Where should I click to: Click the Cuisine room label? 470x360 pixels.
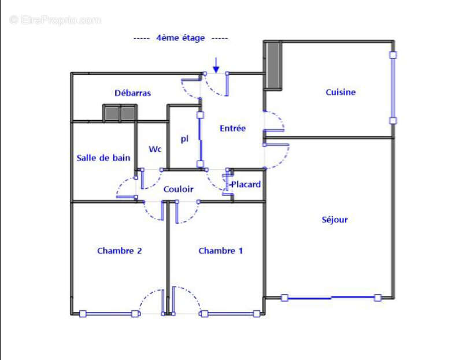pos(341,92)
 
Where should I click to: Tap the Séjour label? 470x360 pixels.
pos(335,220)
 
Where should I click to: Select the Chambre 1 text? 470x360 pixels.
pos(220,251)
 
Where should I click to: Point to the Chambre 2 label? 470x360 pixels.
pos(120,251)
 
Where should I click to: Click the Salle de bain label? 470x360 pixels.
pos(103,158)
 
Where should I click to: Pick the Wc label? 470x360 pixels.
pos(155,149)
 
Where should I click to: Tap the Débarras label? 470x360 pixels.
pos(132,92)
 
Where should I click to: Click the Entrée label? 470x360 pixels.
pos(232,128)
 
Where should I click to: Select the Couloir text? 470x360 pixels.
pos(178,189)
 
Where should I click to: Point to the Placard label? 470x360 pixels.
pos(246,184)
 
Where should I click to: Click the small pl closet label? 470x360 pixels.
pos(185,139)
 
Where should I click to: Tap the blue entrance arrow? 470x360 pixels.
pos(216,64)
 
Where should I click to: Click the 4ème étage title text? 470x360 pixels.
pos(180,38)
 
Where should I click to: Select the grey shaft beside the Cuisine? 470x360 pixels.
pos(273,64)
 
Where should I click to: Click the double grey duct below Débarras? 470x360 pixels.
pos(120,113)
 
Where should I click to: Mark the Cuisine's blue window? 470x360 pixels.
pos(393,88)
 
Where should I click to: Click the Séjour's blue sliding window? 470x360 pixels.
pos(331,298)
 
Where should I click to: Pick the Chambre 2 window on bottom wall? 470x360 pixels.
pos(109,314)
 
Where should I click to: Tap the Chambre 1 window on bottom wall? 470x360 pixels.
pos(230,314)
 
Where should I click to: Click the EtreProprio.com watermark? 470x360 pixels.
pos(55,20)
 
